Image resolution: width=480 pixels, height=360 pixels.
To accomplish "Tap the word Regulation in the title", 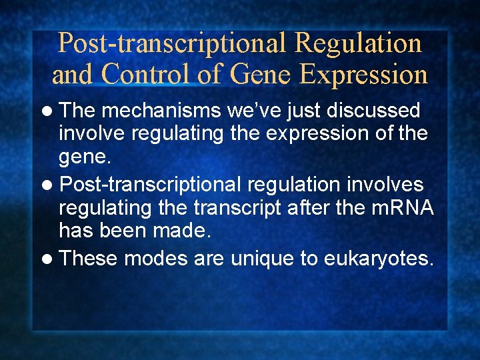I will coord(358,43).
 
